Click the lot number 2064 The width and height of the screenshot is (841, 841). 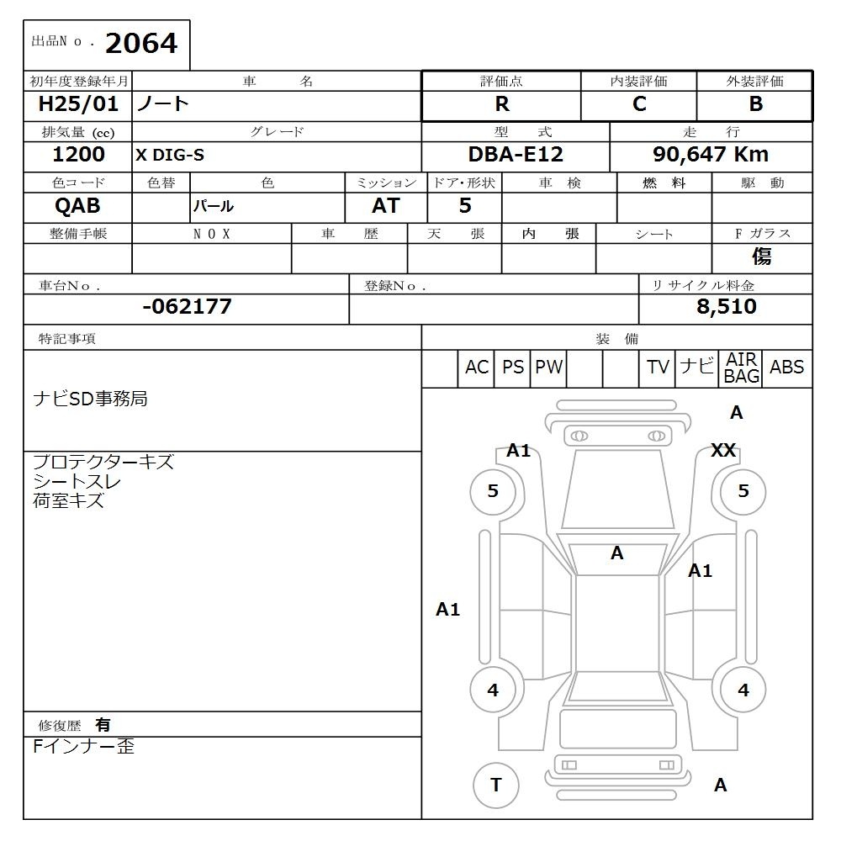pyautogui.click(x=141, y=44)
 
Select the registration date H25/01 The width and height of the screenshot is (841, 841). pyautogui.click(x=78, y=103)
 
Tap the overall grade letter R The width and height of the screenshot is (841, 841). pyautogui.click(x=502, y=104)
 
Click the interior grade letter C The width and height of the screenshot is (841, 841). pyautogui.click(x=639, y=104)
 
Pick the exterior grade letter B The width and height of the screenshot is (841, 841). pyautogui.click(x=756, y=104)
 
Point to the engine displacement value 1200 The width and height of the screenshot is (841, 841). pyautogui.click(x=78, y=155)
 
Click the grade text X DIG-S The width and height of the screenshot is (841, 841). pyautogui.click(x=170, y=155)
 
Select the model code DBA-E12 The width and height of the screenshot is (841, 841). pyautogui.click(x=516, y=155)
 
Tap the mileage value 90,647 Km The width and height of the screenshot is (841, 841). pyautogui.click(x=711, y=155)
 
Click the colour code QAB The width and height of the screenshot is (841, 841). pyautogui.click(x=77, y=206)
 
